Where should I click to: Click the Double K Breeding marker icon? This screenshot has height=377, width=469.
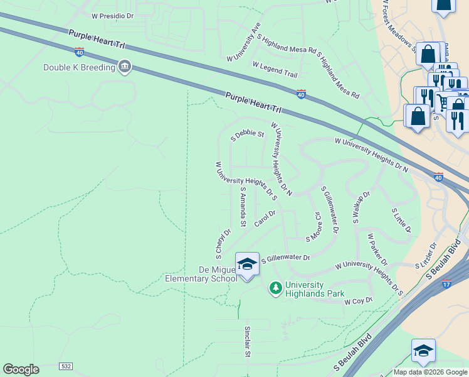point(125,67)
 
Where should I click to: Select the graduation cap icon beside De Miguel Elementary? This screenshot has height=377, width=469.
point(247,265)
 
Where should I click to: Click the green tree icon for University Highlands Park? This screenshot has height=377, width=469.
point(275,288)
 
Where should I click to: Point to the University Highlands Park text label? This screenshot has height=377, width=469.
point(315,289)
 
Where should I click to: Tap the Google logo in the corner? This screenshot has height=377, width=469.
point(21,369)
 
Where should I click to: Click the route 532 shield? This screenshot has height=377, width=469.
point(66,366)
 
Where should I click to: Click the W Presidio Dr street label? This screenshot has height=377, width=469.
point(113,15)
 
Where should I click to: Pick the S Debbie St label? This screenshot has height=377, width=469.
point(248,136)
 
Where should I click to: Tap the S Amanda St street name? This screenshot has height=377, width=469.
point(243,206)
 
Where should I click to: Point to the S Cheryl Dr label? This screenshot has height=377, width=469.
point(223,243)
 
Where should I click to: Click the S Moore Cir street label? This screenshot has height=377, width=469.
point(314,226)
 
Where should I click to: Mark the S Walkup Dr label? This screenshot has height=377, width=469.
point(362,203)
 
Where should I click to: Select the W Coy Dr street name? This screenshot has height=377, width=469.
point(359,302)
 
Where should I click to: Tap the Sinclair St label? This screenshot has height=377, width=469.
point(248,342)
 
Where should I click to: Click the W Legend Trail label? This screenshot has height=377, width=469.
point(275,69)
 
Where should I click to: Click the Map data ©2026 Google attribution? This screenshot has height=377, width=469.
point(430,372)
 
